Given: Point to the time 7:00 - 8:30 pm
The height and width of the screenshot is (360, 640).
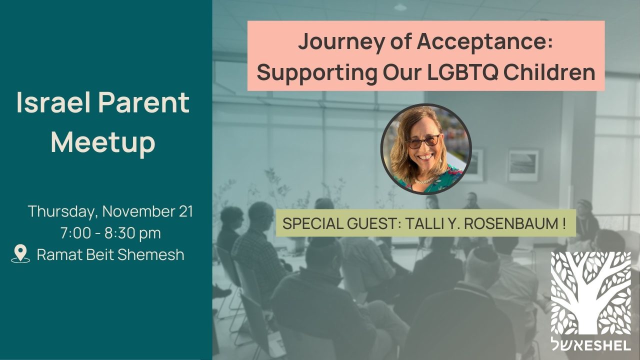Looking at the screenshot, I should click(110, 233).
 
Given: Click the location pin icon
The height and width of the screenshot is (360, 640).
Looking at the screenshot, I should click(20, 254).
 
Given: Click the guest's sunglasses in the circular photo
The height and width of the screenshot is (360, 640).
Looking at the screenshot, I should click(423, 142).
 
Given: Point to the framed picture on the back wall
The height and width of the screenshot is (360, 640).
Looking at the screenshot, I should click(523, 165).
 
